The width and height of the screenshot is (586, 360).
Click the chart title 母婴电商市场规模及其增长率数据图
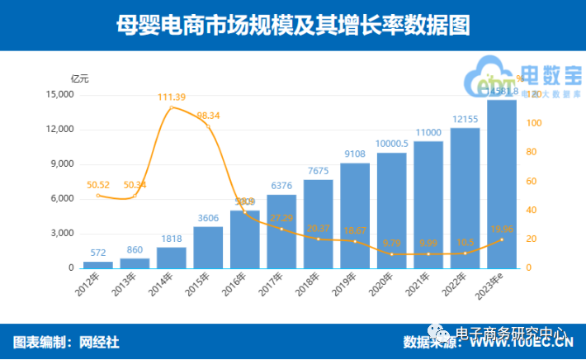coord(293,25)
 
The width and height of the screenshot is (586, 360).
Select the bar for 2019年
coord(355,216)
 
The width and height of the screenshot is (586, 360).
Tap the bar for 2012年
coord(97,264)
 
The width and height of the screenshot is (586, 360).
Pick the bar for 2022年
coord(465,198)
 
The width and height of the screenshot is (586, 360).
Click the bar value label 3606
coord(208,218)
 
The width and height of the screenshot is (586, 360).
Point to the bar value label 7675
coord(318,171)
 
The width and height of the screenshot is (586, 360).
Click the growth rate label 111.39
coord(171,98)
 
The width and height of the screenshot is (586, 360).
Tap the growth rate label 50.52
coord(97,186)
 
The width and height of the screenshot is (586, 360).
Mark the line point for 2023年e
coord(502,239)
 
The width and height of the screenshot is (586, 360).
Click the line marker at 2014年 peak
coord(171,107)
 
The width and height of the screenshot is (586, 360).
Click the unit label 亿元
coord(79,78)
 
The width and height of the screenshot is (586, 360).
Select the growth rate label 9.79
coord(391,243)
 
